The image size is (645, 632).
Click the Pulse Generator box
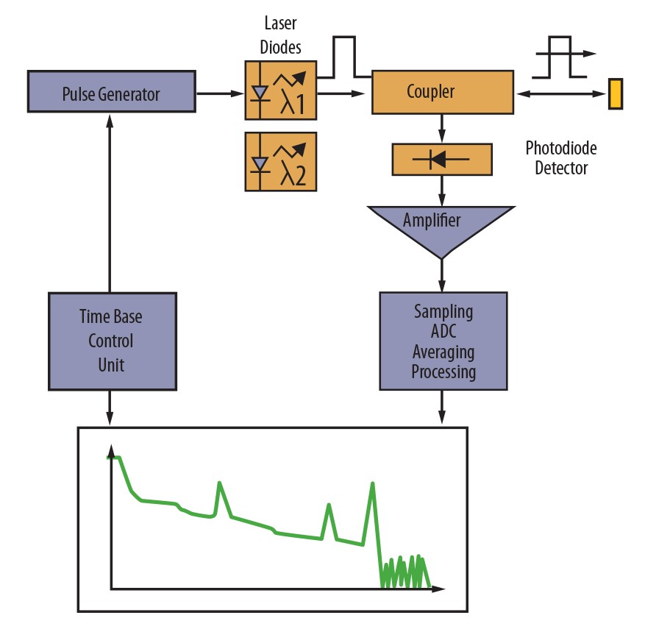(x=112, y=91)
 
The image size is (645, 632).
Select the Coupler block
(x=443, y=92)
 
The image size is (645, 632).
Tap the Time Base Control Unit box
(x=113, y=341)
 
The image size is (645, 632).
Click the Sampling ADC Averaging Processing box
(x=443, y=341)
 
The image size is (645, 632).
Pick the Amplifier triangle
(x=441, y=227)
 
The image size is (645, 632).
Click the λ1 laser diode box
(x=280, y=90)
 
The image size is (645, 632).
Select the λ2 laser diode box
(x=280, y=162)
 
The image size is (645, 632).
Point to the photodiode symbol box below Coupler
(x=442, y=159)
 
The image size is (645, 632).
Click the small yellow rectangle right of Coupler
(x=616, y=94)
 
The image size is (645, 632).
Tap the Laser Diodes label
(x=280, y=35)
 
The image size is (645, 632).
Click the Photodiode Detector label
(x=561, y=157)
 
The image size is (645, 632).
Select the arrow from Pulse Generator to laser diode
(x=221, y=93)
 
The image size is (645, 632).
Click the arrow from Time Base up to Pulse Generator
(x=110, y=203)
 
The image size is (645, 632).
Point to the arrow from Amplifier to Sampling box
(x=442, y=276)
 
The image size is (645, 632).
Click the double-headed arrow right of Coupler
(x=561, y=94)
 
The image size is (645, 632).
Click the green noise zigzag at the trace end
(x=405, y=571)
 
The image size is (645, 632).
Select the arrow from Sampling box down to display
(x=442, y=407)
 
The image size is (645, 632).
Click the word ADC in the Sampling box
(x=443, y=331)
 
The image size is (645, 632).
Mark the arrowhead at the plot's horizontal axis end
(x=438, y=589)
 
